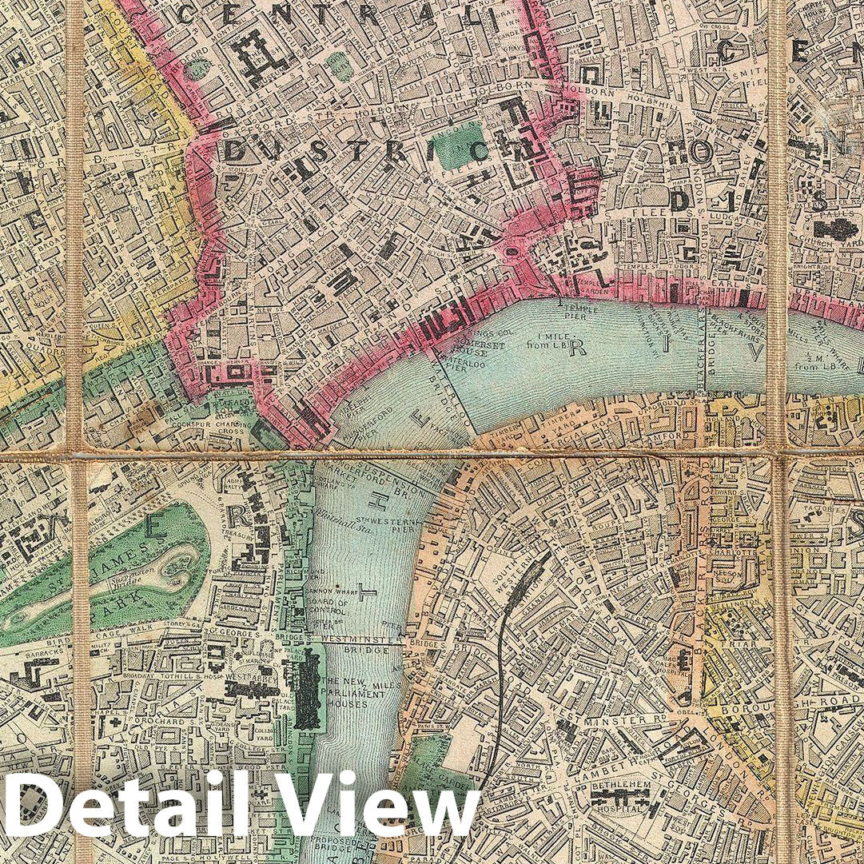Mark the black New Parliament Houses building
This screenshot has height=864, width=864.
(x=307, y=688)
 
